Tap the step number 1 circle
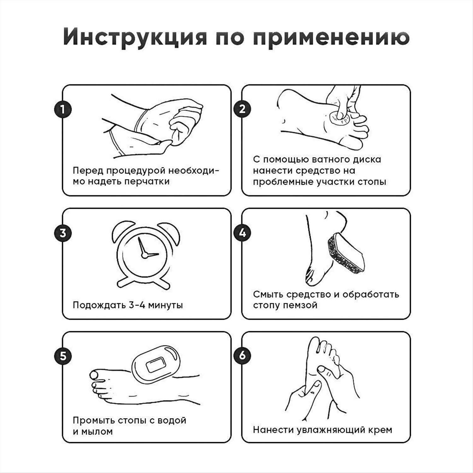tap(63, 109)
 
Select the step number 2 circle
tap(242, 109)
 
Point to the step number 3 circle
tap(63, 233)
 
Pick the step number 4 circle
tap(242, 233)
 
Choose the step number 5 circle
tap(63, 356)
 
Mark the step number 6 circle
tap(242, 356)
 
